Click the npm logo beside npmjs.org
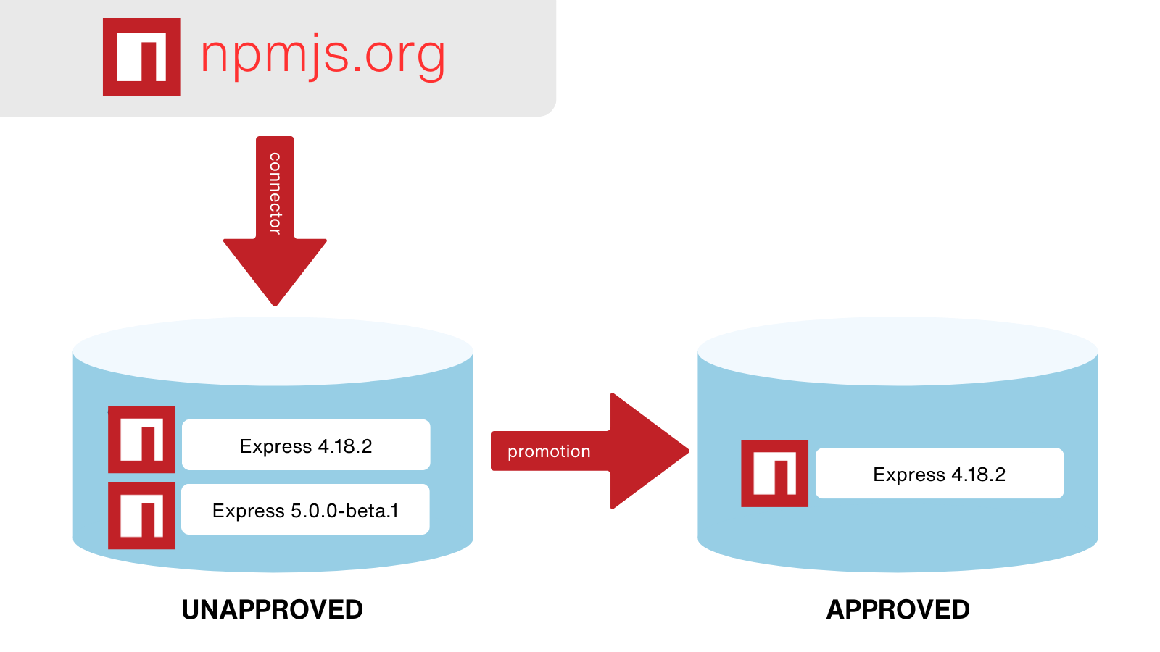(x=141, y=57)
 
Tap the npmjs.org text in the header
(x=323, y=55)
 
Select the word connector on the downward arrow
(x=275, y=193)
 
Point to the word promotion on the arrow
(x=549, y=451)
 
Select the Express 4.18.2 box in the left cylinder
(x=306, y=445)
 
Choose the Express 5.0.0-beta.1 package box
(x=305, y=509)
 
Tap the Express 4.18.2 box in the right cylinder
(x=940, y=473)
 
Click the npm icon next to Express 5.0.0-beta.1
(x=141, y=516)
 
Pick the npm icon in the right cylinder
(x=774, y=473)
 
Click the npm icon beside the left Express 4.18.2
(x=141, y=440)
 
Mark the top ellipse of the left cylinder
(x=273, y=351)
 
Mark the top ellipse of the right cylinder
(x=898, y=351)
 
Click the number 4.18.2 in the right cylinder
(x=978, y=475)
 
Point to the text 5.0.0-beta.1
(x=344, y=511)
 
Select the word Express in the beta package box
(x=248, y=511)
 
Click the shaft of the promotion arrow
(x=551, y=451)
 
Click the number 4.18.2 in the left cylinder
(x=344, y=446)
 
